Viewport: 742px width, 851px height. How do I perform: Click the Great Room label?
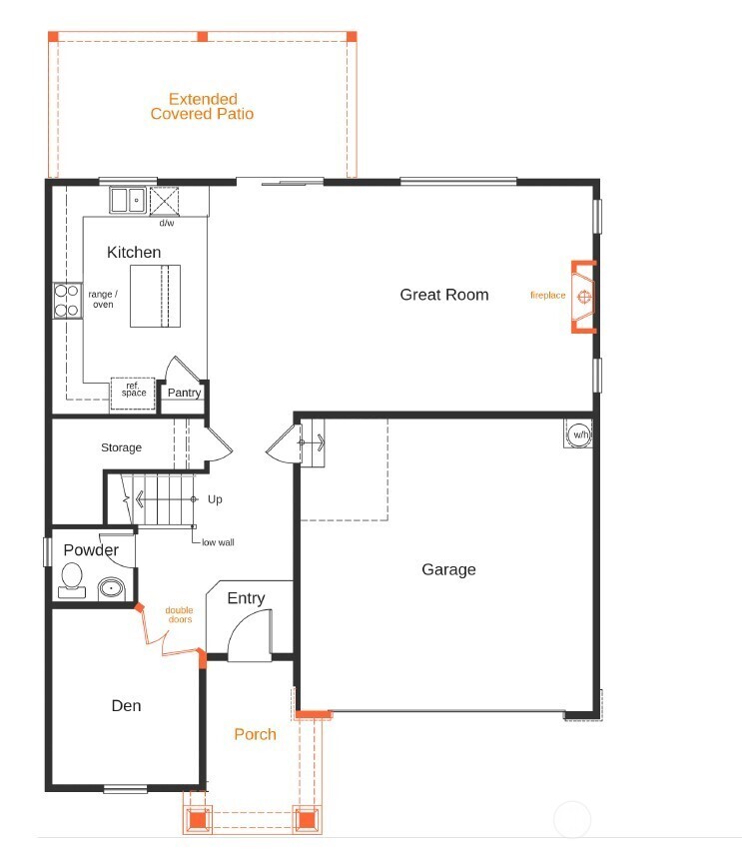pyautogui.click(x=444, y=294)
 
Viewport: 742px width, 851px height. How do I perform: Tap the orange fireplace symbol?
pyautogui.click(x=584, y=297)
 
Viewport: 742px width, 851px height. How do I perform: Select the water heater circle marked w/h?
pyautogui.click(x=579, y=434)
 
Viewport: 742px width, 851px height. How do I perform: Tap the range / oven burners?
pyautogui.click(x=67, y=301)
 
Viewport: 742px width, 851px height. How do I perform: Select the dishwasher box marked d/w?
pyautogui.click(x=165, y=201)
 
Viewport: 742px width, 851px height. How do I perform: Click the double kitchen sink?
pyautogui.click(x=127, y=200)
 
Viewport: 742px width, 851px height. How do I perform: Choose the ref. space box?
pyautogui.click(x=134, y=391)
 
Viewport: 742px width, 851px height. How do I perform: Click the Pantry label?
pyautogui.click(x=184, y=393)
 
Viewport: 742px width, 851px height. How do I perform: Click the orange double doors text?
pyautogui.click(x=179, y=614)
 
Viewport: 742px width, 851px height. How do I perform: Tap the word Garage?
pyautogui.click(x=448, y=569)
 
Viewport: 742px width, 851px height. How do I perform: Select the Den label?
pyautogui.click(x=126, y=705)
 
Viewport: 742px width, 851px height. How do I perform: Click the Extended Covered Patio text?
pyautogui.click(x=202, y=107)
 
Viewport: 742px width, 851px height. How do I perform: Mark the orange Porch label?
pyautogui.click(x=255, y=734)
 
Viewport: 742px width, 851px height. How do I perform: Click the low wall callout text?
pyautogui.click(x=218, y=542)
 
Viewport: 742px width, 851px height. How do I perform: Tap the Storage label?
pyautogui.click(x=121, y=447)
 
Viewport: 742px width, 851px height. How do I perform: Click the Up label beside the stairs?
pyautogui.click(x=215, y=498)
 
